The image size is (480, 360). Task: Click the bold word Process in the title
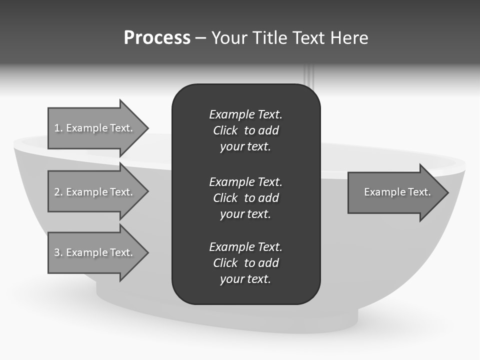pos(157,38)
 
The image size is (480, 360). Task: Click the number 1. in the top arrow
pos(58,128)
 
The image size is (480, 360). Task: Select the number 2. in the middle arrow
pos(58,192)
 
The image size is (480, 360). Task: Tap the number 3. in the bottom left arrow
pos(58,252)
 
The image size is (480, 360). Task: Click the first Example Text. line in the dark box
pos(245,114)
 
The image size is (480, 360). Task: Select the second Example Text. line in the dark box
pos(245,181)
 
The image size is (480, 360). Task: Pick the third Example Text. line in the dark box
pos(245,247)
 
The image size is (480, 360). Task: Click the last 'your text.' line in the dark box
pos(245,279)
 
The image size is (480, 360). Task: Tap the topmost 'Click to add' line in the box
pos(245,130)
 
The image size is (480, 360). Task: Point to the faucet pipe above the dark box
pos(309,75)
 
